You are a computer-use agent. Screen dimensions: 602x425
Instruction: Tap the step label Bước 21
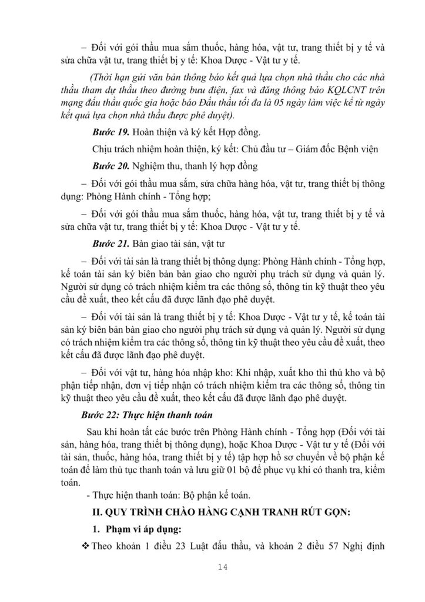point(110,242)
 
